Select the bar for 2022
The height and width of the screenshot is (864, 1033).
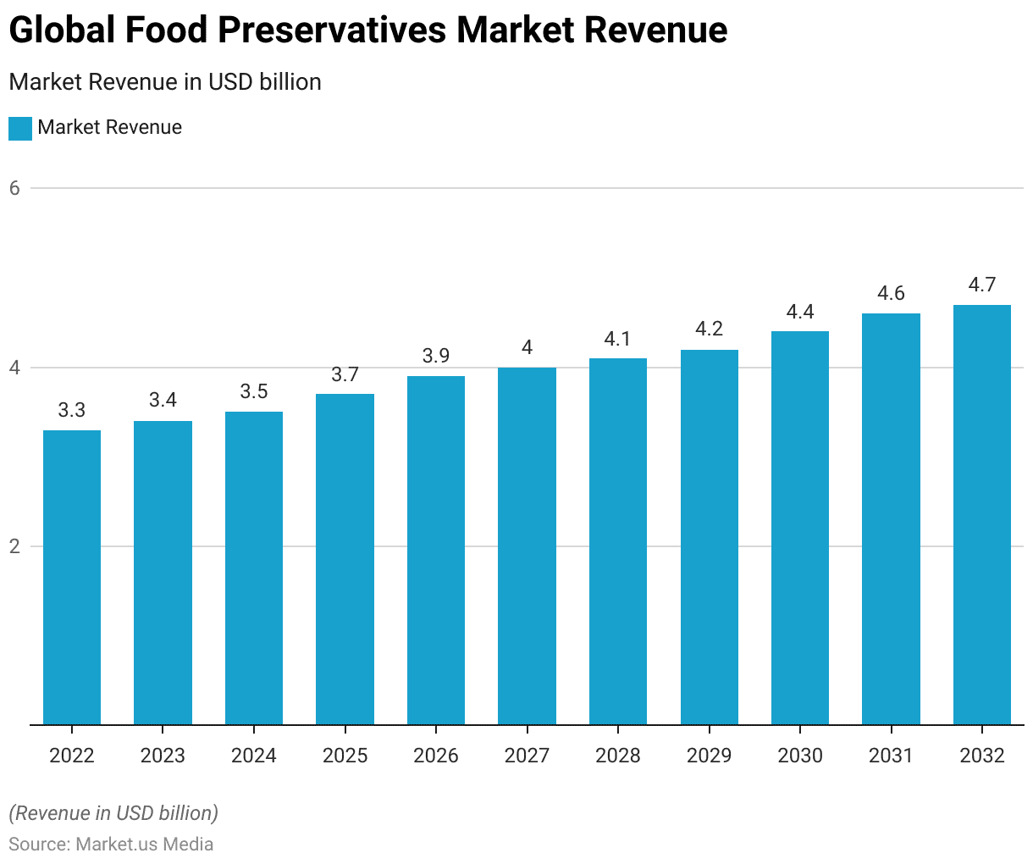click(x=72, y=578)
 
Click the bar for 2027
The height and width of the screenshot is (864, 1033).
click(x=527, y=546)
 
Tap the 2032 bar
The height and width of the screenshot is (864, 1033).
click(x=982, y=515)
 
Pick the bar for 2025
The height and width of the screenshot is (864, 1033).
click(x=345, y=559)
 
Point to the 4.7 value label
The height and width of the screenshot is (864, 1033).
click(x=982, y=285)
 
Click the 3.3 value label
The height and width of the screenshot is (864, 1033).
click(x=72, y=411)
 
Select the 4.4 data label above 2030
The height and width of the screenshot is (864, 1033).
click(x=800, y=312)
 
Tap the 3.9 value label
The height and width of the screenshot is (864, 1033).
click(x=436, y=356)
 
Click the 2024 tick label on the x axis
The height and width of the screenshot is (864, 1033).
click(x=254, y=756)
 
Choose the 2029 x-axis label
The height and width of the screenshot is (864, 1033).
click(x=709, y=756)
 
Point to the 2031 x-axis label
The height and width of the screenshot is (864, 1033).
click(x=891, y=756)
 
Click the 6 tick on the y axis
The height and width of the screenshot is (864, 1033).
click(x=14, y=188)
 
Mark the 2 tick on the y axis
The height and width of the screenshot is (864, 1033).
click(x=14, y=546)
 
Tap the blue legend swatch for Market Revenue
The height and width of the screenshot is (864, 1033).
click(x=20, y=129)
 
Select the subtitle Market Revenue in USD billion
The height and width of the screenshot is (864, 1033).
click(x=165, y=82)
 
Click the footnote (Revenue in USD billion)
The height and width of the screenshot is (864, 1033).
click(x=113, y=813)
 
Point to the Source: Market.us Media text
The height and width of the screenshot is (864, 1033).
click(x=111, y=845)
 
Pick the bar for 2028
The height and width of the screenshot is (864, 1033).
click(x=618, y=542)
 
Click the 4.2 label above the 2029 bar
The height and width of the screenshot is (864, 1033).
click(x=709, y=329)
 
